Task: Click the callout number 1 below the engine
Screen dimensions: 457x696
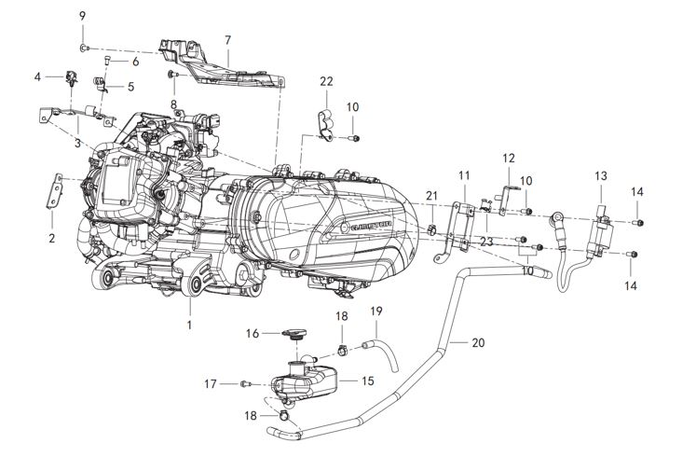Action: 189,325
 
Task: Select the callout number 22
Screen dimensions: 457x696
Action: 326,81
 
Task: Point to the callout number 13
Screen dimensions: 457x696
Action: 601,175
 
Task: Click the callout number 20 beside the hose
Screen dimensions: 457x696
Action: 478,342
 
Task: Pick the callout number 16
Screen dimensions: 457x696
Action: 252,333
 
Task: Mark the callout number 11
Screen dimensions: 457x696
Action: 465,175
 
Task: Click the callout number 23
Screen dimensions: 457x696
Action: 486,242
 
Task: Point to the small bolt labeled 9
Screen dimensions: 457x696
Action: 84,46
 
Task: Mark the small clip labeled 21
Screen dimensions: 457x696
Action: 434,228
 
